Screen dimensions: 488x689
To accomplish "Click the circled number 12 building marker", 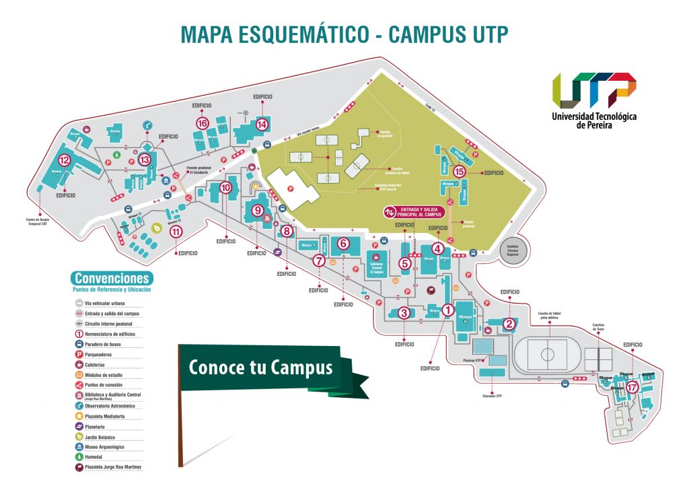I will pos(65,160).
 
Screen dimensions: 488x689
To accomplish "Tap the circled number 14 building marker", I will pos(262,124).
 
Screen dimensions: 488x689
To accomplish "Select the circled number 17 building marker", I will pos(631,387).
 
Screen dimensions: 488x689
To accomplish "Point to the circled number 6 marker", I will pos(342,243).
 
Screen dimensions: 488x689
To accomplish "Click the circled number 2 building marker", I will pos(509,324).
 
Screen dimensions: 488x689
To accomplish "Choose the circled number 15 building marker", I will pos(460,172).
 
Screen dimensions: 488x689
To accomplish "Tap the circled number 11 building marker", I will pos(176,232).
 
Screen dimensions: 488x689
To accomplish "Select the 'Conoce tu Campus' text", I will pos(260,368).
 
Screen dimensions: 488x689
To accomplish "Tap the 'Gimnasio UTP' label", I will pos(495,396).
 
